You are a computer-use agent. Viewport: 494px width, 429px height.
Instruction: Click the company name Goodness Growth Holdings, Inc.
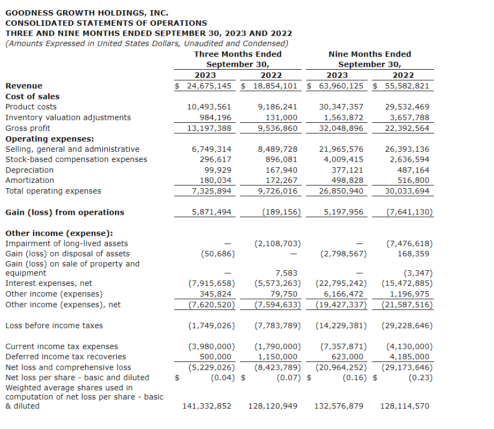87,13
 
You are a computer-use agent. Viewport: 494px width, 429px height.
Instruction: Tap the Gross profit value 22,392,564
407,128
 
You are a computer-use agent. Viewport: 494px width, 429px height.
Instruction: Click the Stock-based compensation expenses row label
76,159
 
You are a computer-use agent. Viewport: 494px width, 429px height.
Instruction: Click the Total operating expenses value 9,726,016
278,191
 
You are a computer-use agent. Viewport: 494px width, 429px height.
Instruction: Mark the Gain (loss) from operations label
65,212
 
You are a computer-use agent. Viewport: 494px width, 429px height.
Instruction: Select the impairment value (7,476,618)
409,243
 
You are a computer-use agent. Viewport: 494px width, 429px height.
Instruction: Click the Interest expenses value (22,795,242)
341,283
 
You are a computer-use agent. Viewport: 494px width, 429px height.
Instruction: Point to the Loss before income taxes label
54,326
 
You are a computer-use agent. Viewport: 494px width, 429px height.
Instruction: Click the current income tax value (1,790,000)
278,346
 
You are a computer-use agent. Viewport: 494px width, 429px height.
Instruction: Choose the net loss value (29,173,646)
407,367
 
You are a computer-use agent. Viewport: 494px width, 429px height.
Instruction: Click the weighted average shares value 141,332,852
207,406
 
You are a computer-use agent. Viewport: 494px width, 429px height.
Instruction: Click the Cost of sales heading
33,97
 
